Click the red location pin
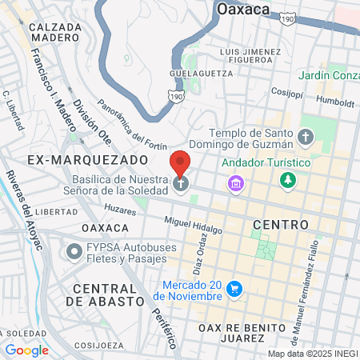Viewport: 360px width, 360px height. click(x=181, y=164)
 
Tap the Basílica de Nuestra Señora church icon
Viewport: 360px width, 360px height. click(x=182, y=185)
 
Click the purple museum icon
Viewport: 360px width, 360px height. click(x=235, y=185)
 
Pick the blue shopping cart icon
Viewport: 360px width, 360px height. click(x=234, y=287)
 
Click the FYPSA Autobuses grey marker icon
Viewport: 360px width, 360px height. click(x=75, y=252)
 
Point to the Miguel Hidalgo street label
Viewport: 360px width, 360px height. click(x=193, y=224)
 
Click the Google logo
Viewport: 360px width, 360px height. click(x=26, y=350)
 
